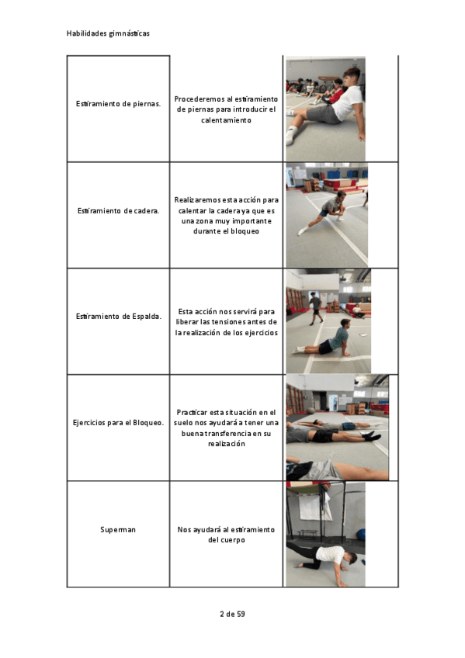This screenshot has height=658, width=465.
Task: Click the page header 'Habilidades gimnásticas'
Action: point(108,33)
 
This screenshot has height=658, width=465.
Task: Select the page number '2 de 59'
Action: point(232,614)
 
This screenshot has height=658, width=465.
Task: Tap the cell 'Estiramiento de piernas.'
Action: point(118,104)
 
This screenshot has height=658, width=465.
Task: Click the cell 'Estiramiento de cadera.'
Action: point(118,210)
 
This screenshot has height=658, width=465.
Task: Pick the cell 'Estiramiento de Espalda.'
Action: point(118,317)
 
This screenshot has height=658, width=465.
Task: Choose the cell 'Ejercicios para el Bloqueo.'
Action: point(118,423)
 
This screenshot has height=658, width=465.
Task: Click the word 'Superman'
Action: point(118,530)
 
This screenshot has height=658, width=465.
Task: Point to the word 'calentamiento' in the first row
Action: point(226,120)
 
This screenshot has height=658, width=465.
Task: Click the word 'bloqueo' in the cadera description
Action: point(245,231)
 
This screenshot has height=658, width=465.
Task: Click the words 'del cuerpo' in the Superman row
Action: point(227,540)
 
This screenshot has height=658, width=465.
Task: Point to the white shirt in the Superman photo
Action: point(330,553)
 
